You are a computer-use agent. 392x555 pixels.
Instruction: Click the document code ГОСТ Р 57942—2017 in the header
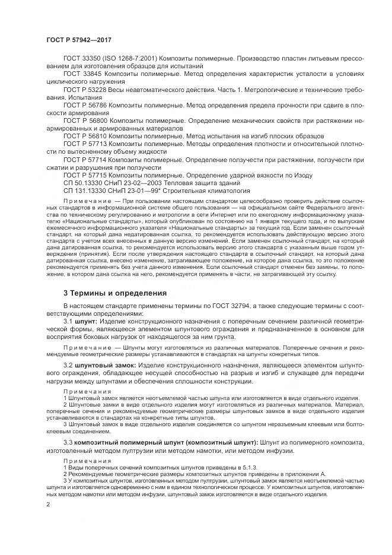(79, 40)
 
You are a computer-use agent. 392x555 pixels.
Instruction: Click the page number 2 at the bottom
(47, 505)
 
